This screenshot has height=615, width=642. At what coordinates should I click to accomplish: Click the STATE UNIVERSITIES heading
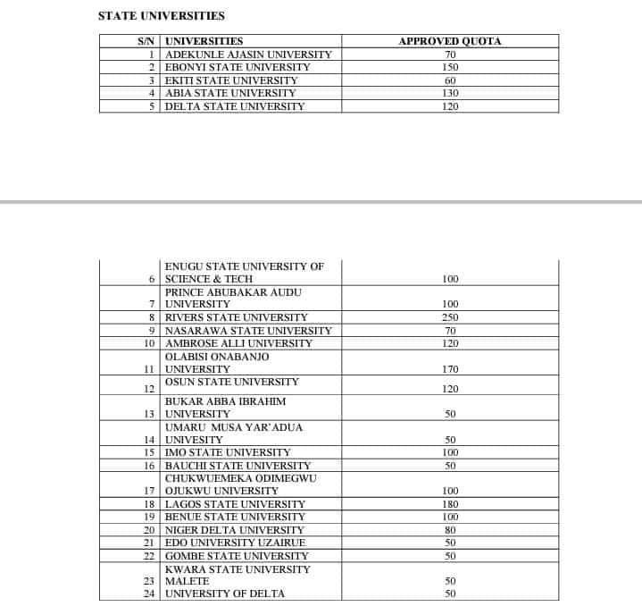coord(162,16)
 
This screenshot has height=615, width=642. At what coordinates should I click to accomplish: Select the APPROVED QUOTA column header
coord(449,41)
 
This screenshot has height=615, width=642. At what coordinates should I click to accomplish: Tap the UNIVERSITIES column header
coord(204,41)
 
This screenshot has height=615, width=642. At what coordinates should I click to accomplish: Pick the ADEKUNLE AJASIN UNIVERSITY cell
coord(248,55)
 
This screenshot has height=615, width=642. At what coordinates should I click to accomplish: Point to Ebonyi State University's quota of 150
coord(450,67)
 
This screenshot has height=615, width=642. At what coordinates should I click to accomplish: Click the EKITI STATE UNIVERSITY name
coord(231,80)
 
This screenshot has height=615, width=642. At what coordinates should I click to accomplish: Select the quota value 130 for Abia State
coord(450,93)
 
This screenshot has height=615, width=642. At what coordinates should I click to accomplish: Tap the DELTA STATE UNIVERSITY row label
coord(235,106)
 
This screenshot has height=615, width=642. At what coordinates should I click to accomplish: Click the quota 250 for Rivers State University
coord(450,317)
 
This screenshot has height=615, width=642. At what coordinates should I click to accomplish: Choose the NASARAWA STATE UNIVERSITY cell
coord(248,331)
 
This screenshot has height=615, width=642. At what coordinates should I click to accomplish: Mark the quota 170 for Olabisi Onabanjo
coord(450,369)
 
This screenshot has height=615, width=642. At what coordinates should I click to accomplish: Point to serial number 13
coord(149,414)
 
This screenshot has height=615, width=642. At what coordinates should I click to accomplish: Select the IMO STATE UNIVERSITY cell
coord(228,452)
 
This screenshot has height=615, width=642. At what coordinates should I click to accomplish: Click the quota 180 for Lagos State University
coord(450,504)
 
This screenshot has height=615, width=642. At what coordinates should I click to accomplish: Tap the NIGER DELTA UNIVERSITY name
coord(235,530)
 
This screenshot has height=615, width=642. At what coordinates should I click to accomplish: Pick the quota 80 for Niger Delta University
coord(450,530)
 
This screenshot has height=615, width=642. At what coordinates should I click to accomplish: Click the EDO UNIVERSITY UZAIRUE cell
coord(236,543)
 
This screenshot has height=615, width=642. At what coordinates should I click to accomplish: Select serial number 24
coord(149,594)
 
